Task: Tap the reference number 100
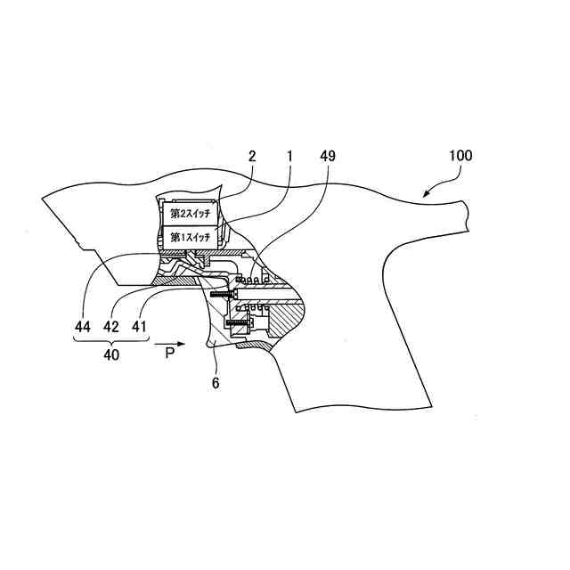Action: [460, 155]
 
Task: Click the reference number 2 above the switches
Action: [252, 155]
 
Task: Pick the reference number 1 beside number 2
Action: [289, 155]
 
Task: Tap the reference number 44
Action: [83, 326]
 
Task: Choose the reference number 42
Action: [111, 326]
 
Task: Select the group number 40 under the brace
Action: [110, 354]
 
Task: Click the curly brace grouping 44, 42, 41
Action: [110, 339]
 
